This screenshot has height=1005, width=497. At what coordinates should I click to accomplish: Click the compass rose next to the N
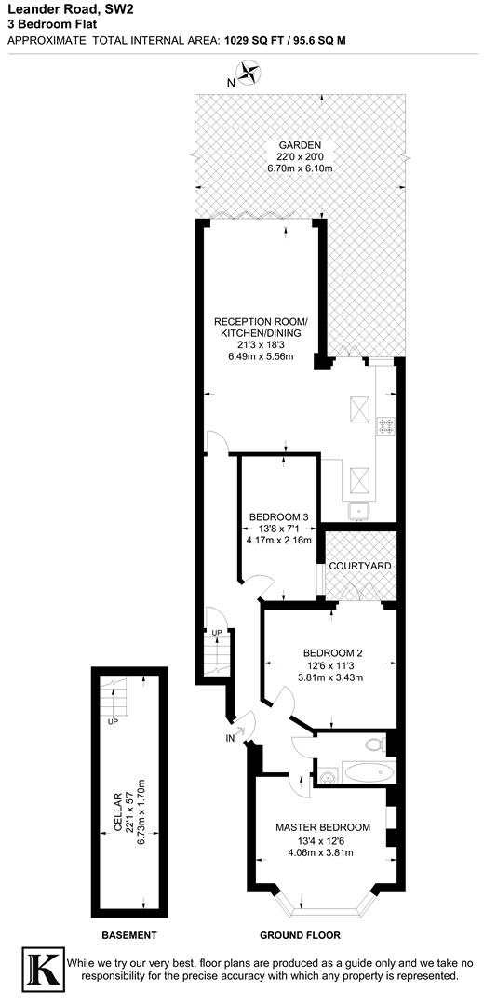point(248,73)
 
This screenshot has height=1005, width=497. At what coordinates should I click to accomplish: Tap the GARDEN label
point(299,146)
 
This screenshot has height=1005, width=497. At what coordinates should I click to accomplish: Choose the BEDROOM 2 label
point(330,653)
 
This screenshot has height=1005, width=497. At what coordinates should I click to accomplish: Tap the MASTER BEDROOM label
point(322,827)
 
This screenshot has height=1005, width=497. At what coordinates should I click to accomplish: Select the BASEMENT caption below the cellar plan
point(128,935)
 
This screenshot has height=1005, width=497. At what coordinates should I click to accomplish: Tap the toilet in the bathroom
point(374,744)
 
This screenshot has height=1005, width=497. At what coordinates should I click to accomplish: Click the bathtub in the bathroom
point(369,772)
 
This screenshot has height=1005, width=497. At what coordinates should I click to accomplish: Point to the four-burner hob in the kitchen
point(384,428)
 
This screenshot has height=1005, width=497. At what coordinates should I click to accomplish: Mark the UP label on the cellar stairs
point(113,721)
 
